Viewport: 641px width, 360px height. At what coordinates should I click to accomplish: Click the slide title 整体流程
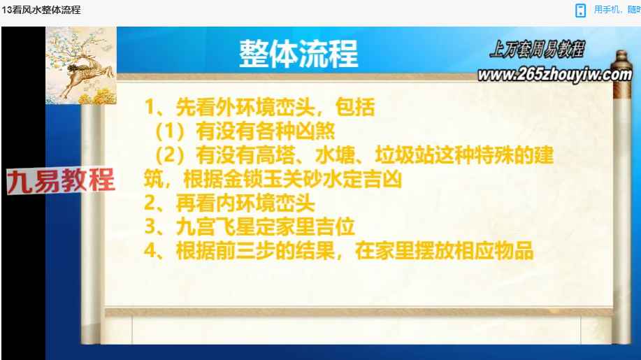(298, 54)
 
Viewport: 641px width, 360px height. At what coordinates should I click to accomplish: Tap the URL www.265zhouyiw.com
(555, 74)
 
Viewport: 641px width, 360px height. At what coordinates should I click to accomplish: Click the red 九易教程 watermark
(61, 180)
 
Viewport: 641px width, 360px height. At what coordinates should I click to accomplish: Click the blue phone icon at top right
(580, 10)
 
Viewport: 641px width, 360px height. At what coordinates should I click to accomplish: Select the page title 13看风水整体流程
(41, 10)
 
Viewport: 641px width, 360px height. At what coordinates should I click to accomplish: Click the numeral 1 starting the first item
(150, 107)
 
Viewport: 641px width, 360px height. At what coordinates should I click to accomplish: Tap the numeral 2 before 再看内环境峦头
(150, 203)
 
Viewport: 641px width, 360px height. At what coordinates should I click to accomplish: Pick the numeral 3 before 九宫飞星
(150, 226)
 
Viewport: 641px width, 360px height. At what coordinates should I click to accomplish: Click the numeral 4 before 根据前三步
(150, 250)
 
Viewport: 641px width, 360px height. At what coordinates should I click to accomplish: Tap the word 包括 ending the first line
(355, 107)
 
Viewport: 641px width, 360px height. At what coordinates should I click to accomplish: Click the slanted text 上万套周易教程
(537, 50)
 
